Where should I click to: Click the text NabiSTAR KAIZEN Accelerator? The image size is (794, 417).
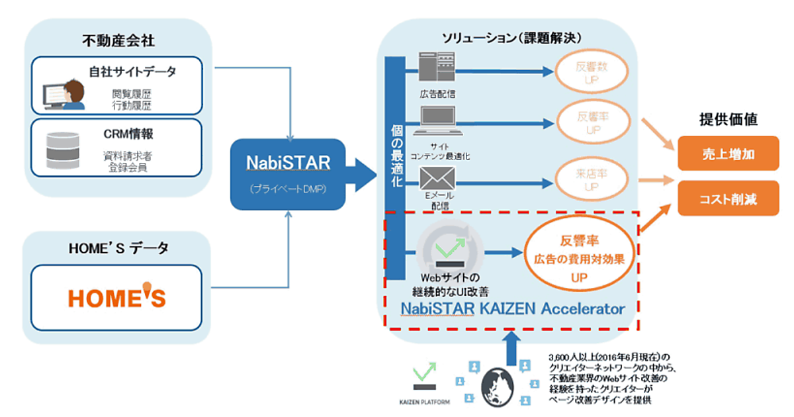[512, 308]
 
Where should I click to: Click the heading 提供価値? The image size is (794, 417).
[728, 119]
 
